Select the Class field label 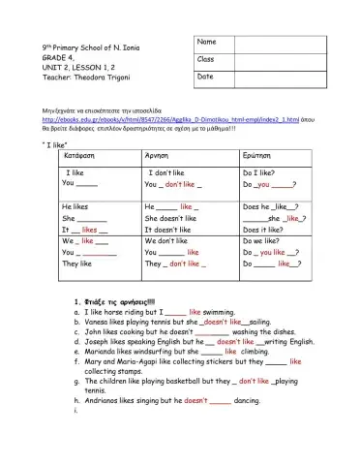click(208, 59)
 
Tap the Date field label click(207, 77)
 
